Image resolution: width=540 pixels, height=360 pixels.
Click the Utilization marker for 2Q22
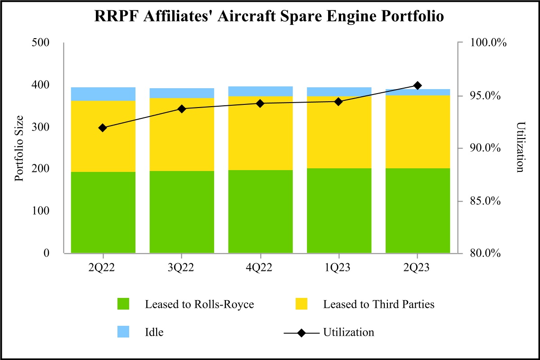click(x=103, y=128)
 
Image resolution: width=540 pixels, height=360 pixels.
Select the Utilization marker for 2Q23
click(x=417, y=85)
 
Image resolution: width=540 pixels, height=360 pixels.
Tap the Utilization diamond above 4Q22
click(x=260, y=103)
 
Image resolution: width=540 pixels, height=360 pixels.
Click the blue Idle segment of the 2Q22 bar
click(x=103, y=94)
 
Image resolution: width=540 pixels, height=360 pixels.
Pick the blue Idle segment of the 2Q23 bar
click(x=418, y=92)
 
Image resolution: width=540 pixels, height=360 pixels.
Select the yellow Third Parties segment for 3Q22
click(x=182, y=135)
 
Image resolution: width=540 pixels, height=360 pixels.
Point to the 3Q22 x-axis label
click(x=182, y=268)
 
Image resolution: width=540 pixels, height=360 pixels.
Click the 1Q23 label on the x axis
click(x=339, y=268)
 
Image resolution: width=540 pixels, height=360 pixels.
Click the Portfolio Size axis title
click(x=19, y=148)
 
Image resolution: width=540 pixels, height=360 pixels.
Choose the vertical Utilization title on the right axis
click(x=521, y=147)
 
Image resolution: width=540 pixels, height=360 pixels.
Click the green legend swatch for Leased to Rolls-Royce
click(x=123, y=304)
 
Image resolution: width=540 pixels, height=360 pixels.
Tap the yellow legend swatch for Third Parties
click(x=301, y=304)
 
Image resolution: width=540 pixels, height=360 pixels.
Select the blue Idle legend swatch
click(x=123, y=332)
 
